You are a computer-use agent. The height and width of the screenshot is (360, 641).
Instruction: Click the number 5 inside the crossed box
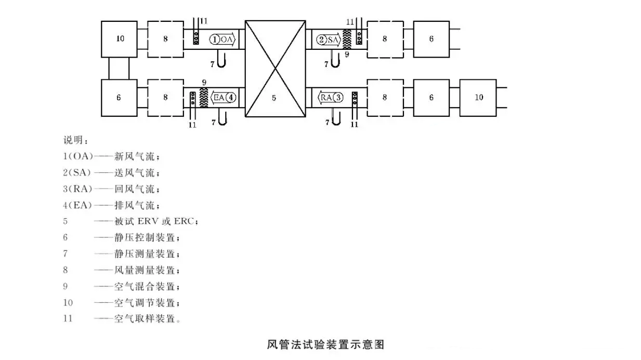point(274,97)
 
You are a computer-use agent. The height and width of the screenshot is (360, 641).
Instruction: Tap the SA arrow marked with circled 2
point(329,39)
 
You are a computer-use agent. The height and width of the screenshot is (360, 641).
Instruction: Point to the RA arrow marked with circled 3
point(330,97)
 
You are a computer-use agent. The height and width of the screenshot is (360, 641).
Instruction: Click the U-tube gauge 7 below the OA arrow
point(221,61)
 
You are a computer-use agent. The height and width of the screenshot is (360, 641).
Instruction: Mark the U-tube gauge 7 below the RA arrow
point(335,119)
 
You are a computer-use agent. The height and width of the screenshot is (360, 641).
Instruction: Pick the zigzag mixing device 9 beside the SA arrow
point(347,39)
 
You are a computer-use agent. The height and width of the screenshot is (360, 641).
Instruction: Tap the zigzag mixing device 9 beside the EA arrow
point(204,97)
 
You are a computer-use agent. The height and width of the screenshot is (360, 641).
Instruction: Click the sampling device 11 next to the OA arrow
point(196,37)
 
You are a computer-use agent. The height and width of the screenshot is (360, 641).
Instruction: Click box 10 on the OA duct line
point(119,39)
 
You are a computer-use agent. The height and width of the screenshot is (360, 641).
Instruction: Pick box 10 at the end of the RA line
point(478,97)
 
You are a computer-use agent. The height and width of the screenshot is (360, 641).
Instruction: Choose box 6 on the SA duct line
point(431,39)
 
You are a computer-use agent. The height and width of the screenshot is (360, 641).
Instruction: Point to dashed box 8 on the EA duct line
point(165,97)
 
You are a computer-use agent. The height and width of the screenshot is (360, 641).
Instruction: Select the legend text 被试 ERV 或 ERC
point(155,221)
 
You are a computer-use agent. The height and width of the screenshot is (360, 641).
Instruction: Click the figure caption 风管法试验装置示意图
point(325,344)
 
